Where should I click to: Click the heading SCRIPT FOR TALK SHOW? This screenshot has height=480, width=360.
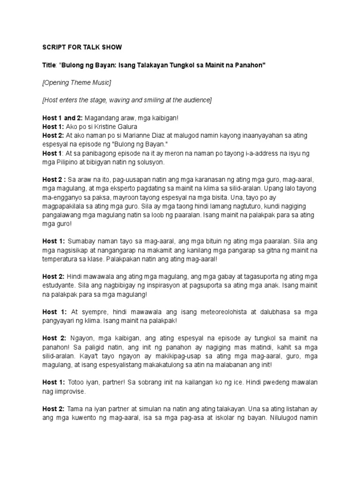point(82,47)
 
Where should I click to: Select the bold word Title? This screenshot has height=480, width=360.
point(49,65)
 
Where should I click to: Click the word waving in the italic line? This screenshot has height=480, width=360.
point(117,100)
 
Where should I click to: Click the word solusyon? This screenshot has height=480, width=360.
point(146,162)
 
